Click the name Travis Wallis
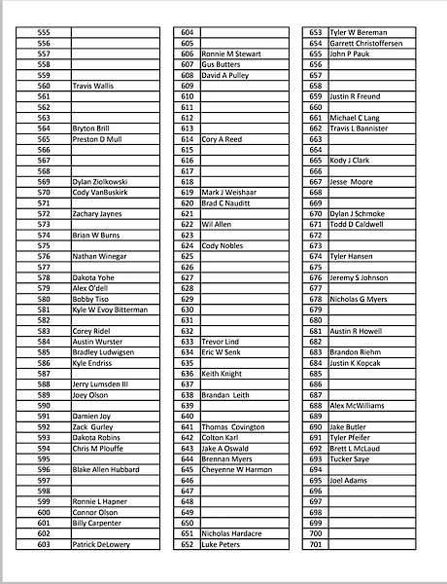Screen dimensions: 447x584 tap(93, 86)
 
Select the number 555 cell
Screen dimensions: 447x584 tap(44, 32)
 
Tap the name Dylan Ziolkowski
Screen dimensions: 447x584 tap(100, 181)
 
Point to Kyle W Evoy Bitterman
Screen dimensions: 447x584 tap(110, 310)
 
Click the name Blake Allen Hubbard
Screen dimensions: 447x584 tap(105, 469)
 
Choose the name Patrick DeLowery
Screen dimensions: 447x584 tap(100, 544)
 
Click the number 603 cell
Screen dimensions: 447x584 tap(44, 544)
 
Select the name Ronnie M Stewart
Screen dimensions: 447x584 tap(231, 54)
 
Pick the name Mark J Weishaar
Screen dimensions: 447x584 tap(228, 192)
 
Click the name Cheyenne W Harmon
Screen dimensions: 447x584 tap(236, 469)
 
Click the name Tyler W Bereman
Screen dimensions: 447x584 tap(358, 32)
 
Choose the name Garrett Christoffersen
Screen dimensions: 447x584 tap(365, 43)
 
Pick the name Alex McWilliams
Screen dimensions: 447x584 tap(357, 405)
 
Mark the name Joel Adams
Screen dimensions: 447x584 tap(349, 480)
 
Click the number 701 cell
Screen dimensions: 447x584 tap(315, 544)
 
